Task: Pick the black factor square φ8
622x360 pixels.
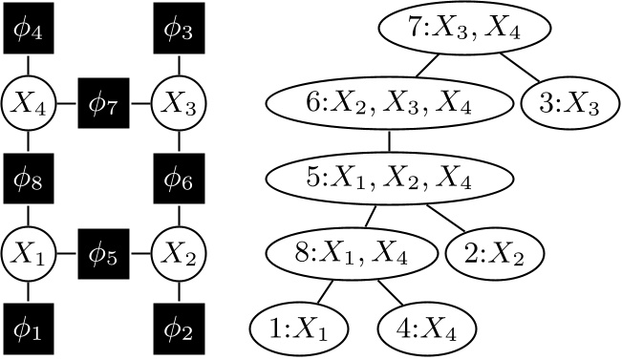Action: tap(27, 178)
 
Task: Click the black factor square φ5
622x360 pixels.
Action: tap(104, 255)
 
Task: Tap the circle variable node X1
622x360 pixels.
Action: tap(27, 255)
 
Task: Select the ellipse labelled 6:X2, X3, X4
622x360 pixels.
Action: tap(390, 103)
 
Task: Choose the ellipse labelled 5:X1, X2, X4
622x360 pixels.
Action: tap(390, 178)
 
